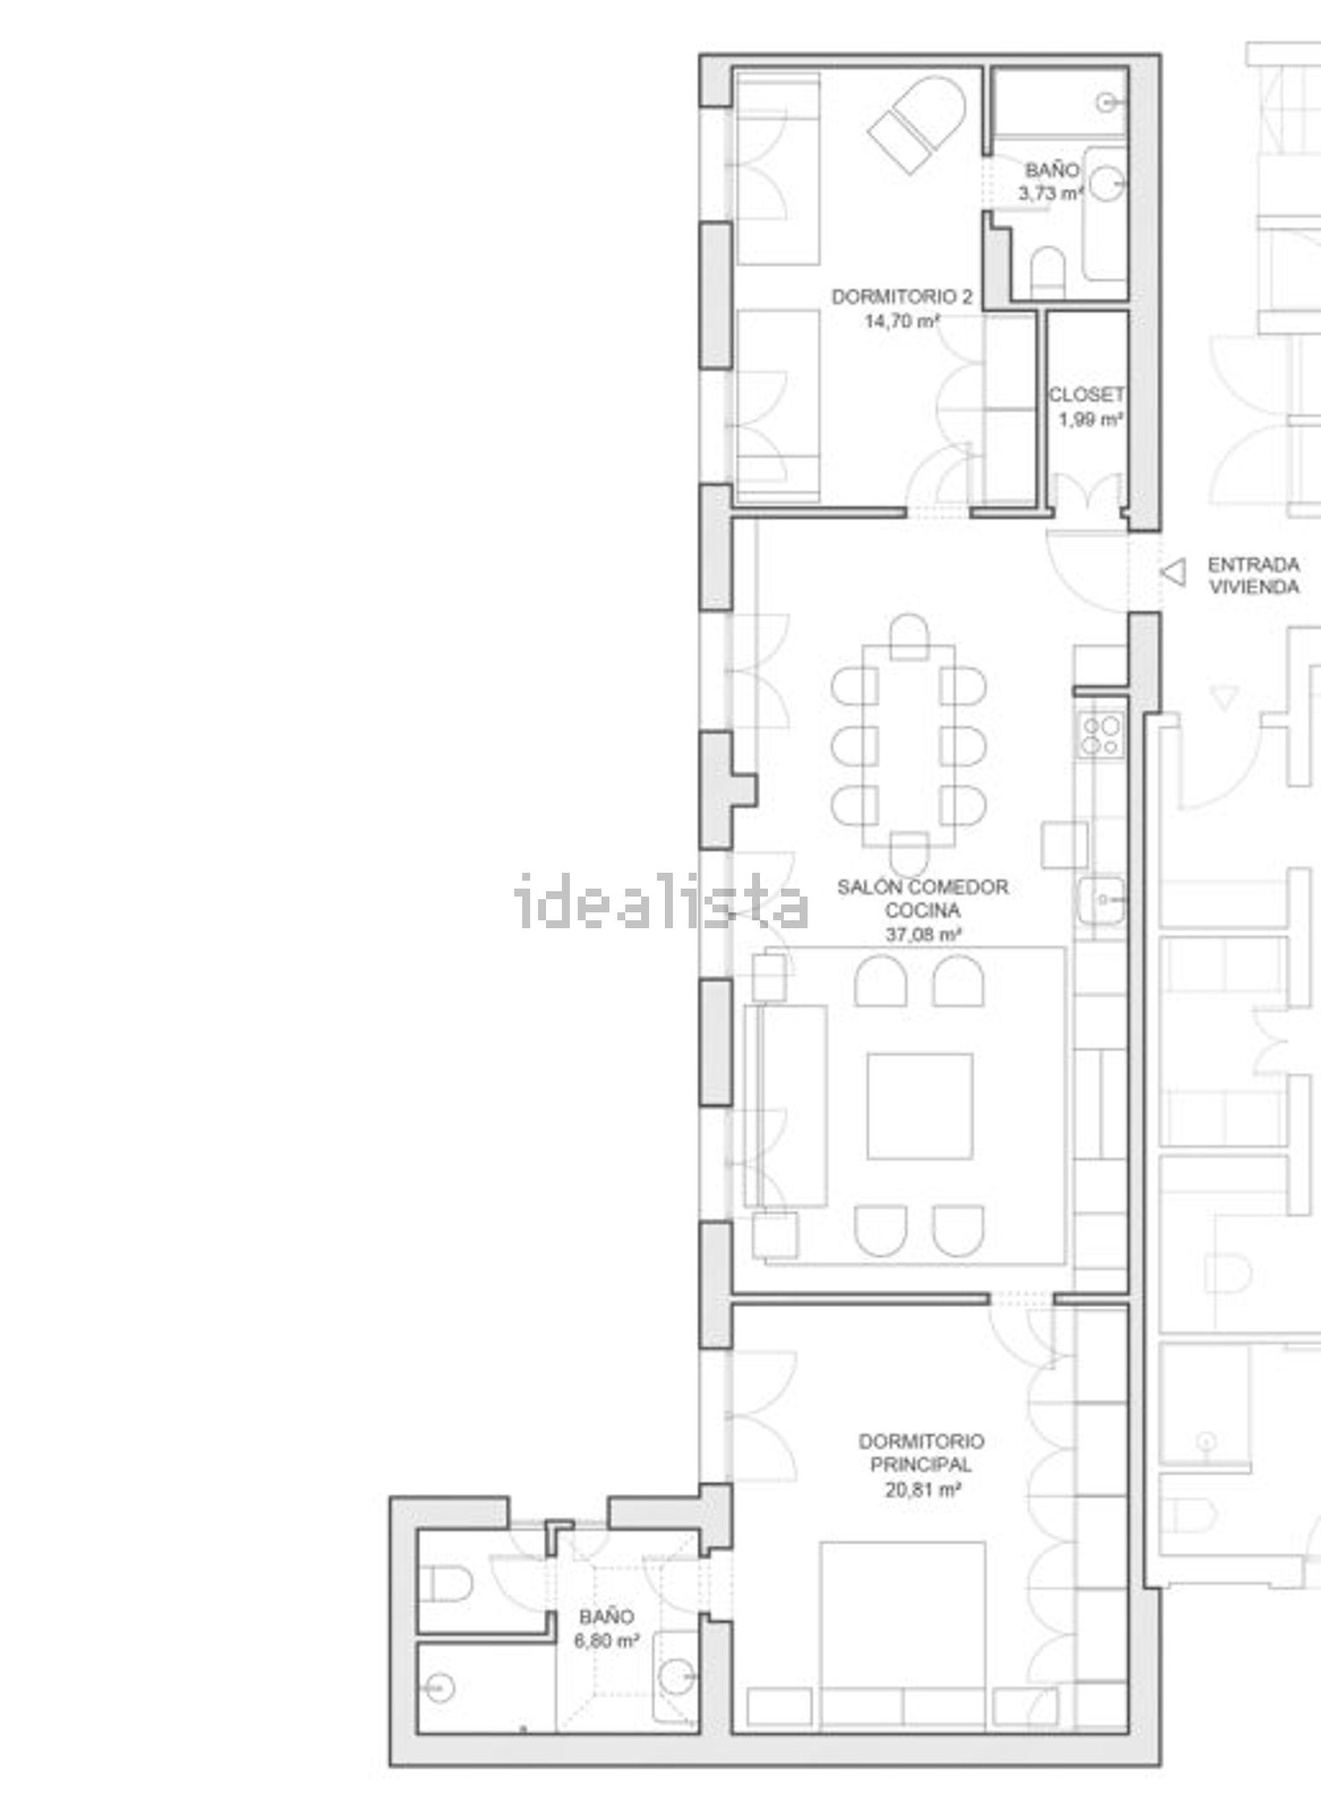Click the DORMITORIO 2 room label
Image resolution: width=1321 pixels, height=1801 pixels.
pos(902,297)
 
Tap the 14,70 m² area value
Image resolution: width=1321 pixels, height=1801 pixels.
pos(902,321)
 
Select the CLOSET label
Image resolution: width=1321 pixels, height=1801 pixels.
pos(1087,395)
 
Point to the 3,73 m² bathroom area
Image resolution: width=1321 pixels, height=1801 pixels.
pos(1051,193)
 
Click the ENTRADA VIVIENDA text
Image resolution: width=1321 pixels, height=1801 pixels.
pos(1253,575)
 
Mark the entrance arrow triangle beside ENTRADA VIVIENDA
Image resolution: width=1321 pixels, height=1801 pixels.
pos(1173,572)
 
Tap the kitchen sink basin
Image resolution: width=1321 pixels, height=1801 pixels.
pos(1102,899)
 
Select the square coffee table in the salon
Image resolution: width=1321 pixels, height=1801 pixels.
pos(919,1106)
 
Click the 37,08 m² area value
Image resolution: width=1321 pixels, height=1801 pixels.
pos(922,934)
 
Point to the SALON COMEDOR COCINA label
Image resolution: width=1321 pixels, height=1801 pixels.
pos(922,898)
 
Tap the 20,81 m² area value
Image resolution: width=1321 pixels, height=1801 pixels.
pos(921,1489)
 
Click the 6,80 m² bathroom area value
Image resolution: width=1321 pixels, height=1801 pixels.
pos(606,1641)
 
